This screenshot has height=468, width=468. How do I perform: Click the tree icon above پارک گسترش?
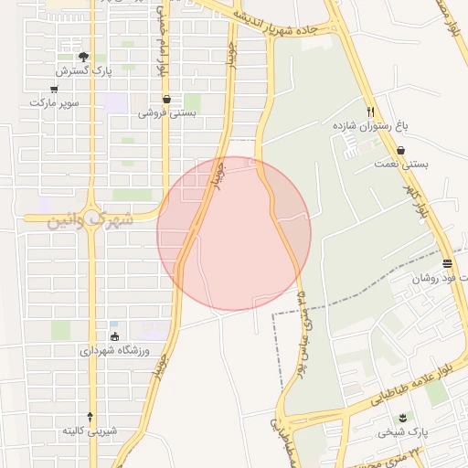pos(83,57)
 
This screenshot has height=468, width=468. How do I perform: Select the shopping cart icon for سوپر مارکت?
pos(54,89)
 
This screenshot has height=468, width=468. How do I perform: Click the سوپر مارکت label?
pos(54,102)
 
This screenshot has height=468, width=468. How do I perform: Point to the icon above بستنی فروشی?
pos(166,100)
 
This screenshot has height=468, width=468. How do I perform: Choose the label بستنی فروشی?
pos(166,113)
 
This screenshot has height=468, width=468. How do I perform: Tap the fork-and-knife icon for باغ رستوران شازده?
pos(369,110)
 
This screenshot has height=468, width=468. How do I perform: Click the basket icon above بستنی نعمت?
pos(401,151)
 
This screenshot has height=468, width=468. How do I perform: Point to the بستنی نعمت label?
pos(401,165)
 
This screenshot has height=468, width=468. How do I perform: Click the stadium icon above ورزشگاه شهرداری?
pos(115,335)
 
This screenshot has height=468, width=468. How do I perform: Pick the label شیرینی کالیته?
pos(90,430)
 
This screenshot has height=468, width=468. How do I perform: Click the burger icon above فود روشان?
pos(446,263)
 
